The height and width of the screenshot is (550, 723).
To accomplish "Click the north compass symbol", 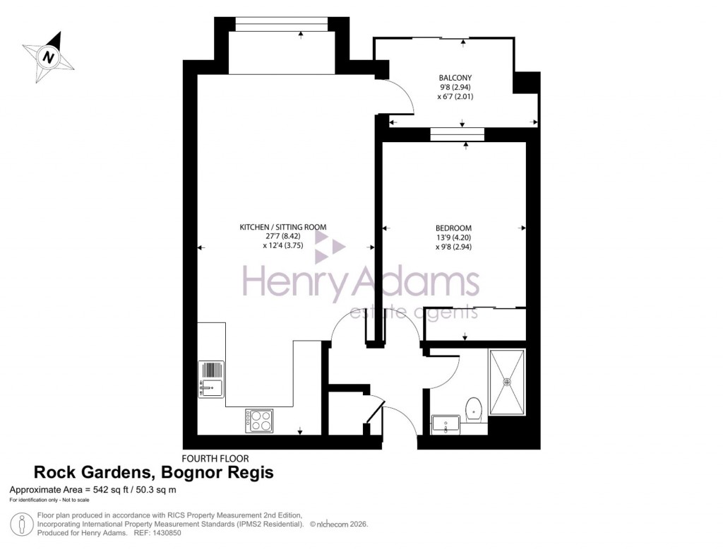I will pyautogui.click(x=48, y=57).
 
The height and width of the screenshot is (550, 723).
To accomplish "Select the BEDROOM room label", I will pyautogui.click(x=453, y=228).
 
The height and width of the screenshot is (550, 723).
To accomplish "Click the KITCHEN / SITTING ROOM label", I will pyautogui.click(x=282, y=227).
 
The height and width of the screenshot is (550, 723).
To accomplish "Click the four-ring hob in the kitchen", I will pyautogui.click(x=259, y=421).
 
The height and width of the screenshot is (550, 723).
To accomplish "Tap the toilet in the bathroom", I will pyautogui.click(x=474, y=408).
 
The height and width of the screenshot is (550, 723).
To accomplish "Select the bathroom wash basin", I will pyautogui.click(x=445, y=426).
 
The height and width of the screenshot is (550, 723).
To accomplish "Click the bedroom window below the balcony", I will pyautogui.click(x=457, y=134).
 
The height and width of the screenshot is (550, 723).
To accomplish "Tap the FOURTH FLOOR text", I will pyautogui.click(x=215, y=458).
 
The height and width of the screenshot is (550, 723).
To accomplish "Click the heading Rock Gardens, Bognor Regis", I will pyautogui.click(x=153, y=473).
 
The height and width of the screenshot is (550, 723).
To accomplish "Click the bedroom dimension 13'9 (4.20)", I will pyautogui.click(x=454, y=238).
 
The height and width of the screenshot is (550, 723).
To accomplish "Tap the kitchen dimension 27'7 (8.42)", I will pyautogui.click(x=283, y=237).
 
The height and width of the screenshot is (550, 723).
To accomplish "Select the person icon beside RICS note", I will pyautogui.click(x=23, y=524).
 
